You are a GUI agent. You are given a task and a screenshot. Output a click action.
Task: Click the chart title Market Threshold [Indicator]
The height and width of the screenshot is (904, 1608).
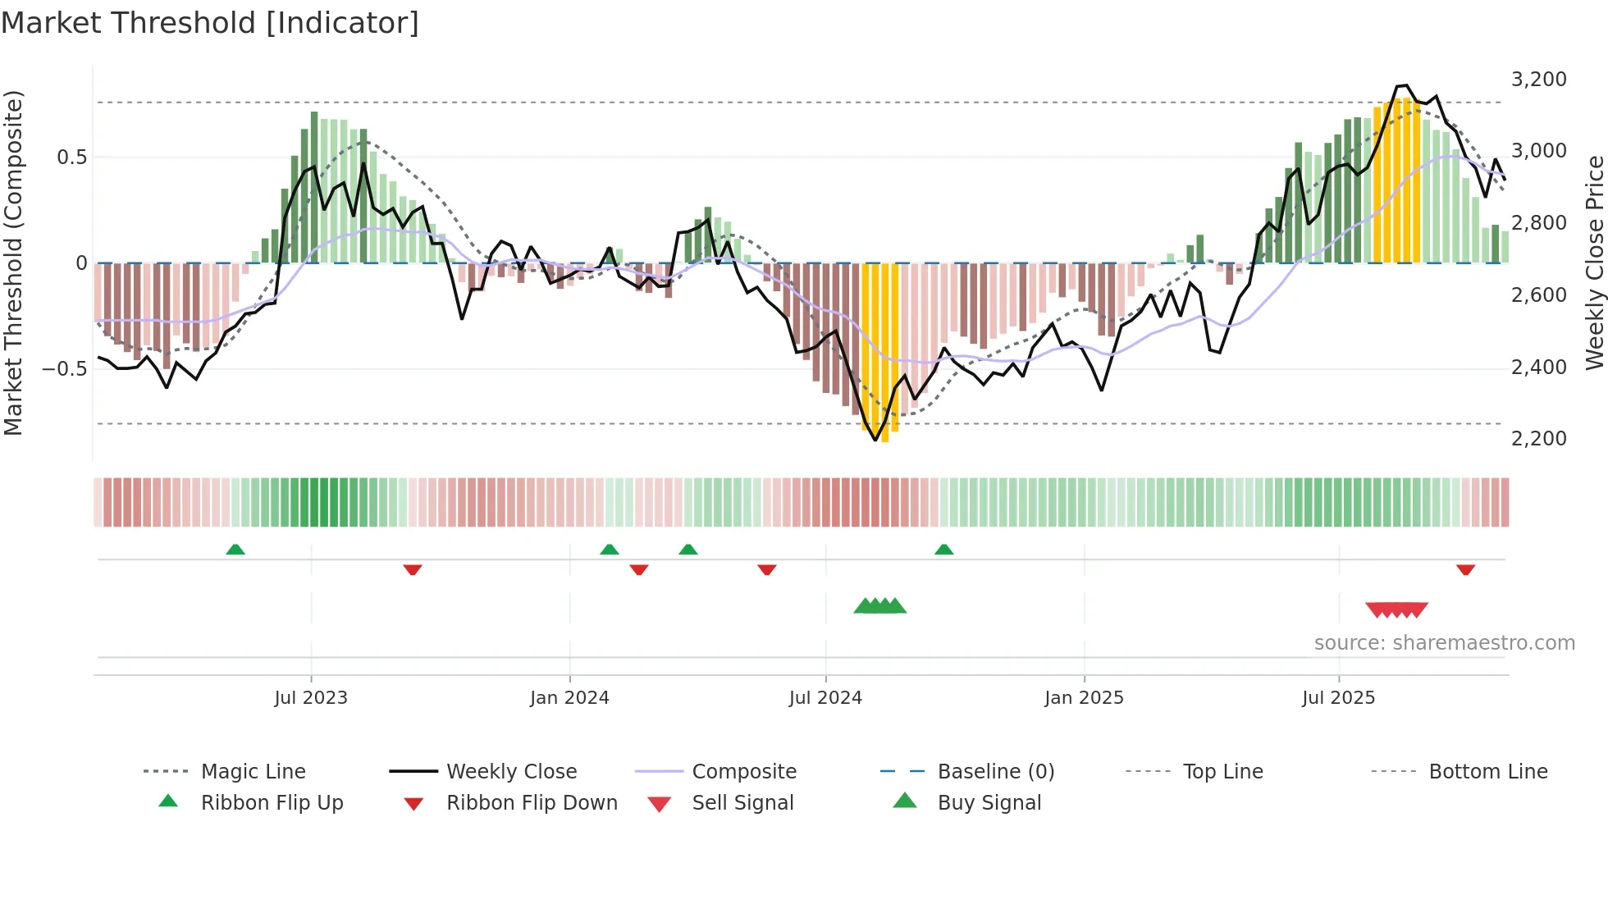[x=210, y=23]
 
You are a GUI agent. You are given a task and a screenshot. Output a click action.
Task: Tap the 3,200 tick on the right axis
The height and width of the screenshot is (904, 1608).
[x=1538, y=80]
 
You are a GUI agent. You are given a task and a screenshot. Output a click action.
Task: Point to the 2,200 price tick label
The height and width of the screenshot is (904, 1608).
[x=1538, y=439]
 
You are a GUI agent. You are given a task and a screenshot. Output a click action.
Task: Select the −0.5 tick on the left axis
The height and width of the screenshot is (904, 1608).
[x=65, y=369]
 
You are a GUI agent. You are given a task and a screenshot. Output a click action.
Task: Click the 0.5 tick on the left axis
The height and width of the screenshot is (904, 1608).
[x=71, y=158]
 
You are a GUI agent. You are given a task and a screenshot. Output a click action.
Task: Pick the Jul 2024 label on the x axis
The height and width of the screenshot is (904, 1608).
[x=825, y=698]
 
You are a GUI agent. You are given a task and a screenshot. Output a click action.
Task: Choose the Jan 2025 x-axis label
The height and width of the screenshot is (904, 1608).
[x=1084, y=698]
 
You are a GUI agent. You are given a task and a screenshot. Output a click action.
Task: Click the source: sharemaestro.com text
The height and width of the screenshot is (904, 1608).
[x=1444, y=643]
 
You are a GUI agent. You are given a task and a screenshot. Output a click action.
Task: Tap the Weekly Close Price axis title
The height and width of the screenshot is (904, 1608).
[x=1594, y=263]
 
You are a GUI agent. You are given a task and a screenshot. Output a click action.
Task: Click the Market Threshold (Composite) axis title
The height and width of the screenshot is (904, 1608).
[x=13, y=263]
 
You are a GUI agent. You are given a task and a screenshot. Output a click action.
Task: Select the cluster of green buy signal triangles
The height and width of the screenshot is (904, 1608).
[x=879, y=607]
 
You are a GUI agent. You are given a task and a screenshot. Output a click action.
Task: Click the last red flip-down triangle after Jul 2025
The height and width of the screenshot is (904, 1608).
[x=1465, y=570]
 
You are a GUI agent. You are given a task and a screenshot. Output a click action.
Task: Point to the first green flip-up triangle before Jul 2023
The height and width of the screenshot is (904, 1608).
[x=235, y=550]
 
